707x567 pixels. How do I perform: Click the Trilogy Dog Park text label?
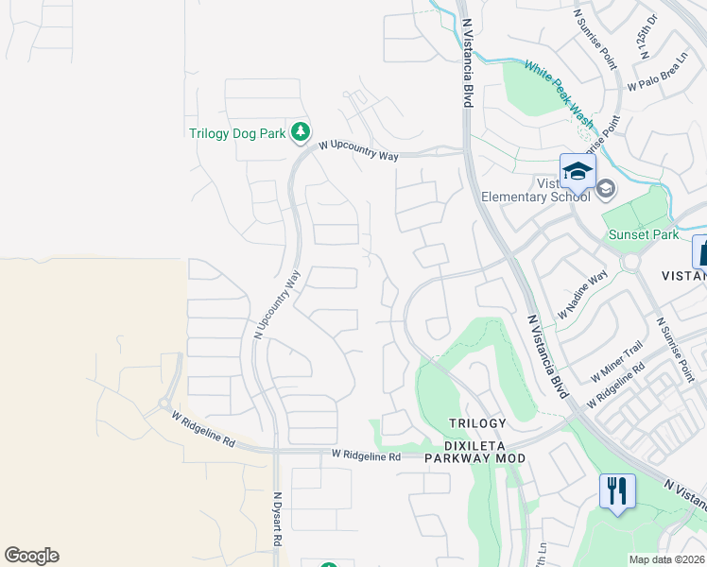click(237, 133)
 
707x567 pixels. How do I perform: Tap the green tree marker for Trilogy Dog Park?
click(301, 131)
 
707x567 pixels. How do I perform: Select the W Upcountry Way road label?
click(358, 150)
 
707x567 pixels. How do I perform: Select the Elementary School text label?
click(536, 197)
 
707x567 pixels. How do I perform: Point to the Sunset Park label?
click(645, 233)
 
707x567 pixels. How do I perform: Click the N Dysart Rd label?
click(278, 520)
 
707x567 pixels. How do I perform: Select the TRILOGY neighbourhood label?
click(477, 423)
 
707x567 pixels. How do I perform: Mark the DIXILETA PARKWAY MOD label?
click(474, 451)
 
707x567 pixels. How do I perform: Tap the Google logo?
click(31, 556)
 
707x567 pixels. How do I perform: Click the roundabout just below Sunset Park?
click(632, 262)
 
